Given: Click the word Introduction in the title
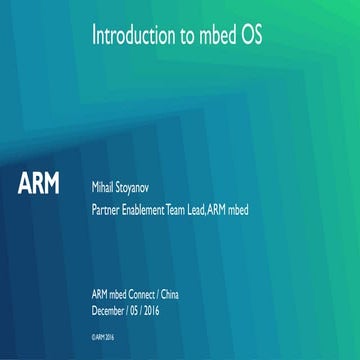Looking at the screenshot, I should [x=128, y=37].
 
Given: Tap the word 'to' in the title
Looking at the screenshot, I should [x=181, y=37].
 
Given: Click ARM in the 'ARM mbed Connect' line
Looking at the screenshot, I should [x=99, y=291].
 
